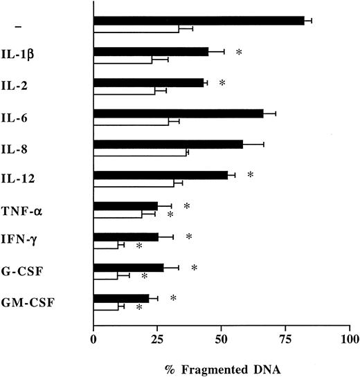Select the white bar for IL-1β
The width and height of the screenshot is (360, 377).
tap(123, 60)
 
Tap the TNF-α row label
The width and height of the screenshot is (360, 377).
tap(32, 210)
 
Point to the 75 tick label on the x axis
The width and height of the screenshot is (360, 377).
tap(286, 340)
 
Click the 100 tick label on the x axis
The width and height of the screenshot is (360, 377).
tap(350, 340)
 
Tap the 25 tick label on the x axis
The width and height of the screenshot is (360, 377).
tap(157, 340)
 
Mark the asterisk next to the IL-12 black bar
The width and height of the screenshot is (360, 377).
tap(250, 175)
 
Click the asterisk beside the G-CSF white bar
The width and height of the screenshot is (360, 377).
tap(144, 277)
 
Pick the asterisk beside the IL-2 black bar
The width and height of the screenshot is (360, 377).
tap(222, 83)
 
